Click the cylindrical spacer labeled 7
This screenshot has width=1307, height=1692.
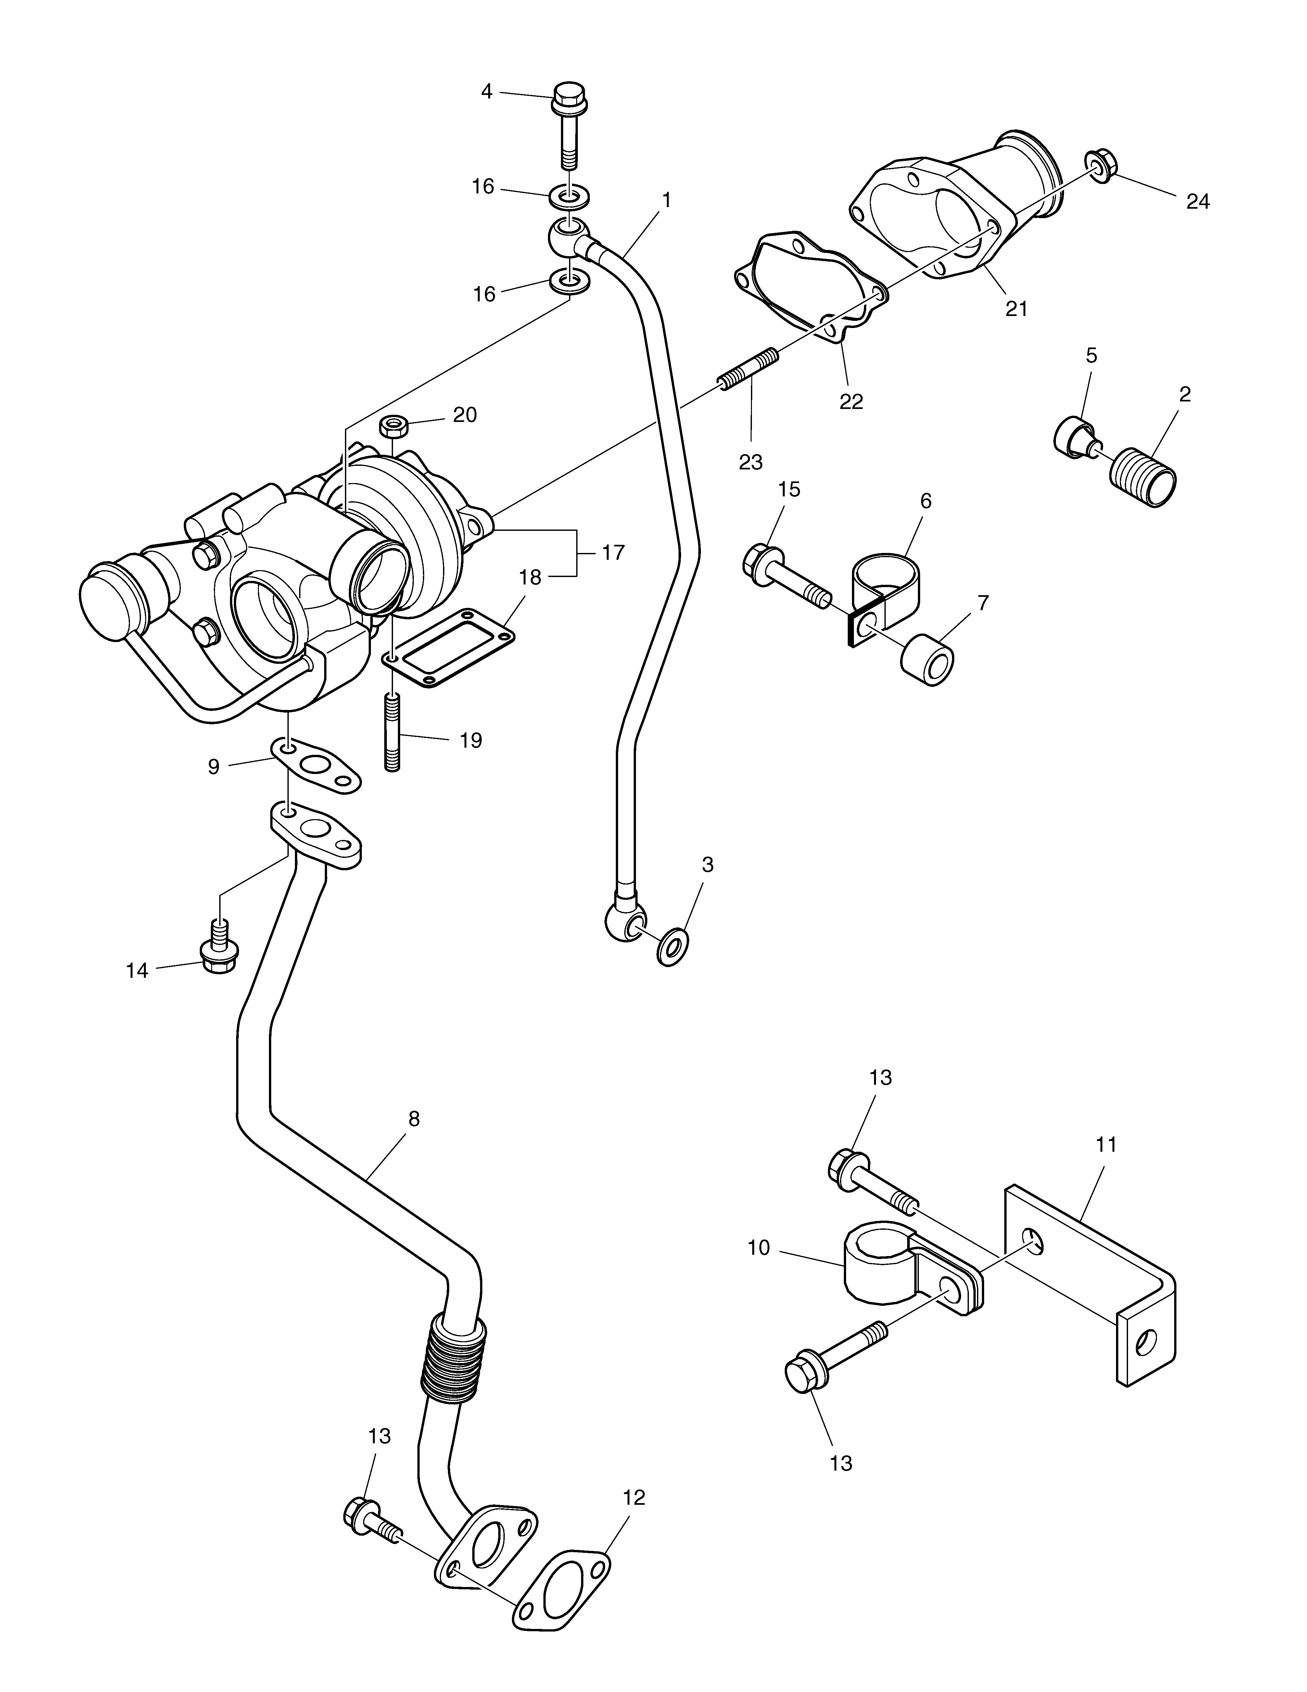927,660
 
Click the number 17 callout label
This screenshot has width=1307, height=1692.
613,553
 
